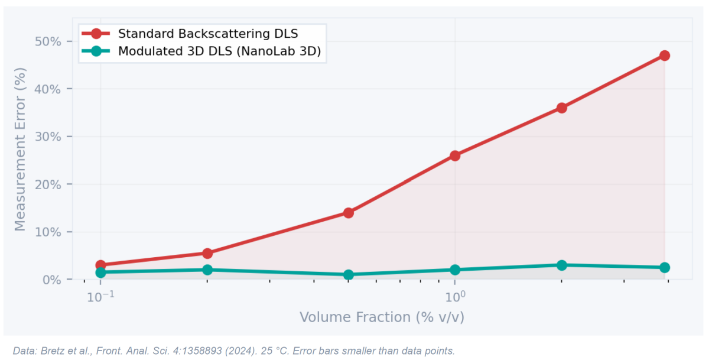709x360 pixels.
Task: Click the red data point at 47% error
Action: pyautogui.click(x=664, y=56)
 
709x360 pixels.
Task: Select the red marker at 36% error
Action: pyautogui.click(x=561, y=108)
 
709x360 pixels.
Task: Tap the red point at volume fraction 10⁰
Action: pyautogui.click(x=455, y=155)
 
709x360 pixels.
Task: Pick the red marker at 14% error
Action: pyautogui.click(x=349, y=213)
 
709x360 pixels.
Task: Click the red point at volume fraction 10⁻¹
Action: pyautogui.click(x=100, y=265)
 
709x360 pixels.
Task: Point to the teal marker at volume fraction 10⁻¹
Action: pyautogui.click(x=100, y=273)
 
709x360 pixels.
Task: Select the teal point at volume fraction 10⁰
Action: pyautogui.click(x=455, y=270)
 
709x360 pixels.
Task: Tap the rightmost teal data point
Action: pyautogui.click(x=664, y=267)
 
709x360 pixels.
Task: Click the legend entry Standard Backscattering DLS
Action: pyautogui.click(x=207, y=33)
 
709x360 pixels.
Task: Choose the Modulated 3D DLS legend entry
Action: pyautogui.click(x=219, y=51)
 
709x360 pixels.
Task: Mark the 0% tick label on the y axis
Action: pyautogui.click(x=52, y=280)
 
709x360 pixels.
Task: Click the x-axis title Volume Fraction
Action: pyautogui.click(x=382, y=317)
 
